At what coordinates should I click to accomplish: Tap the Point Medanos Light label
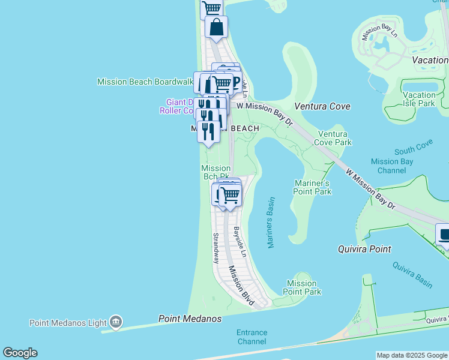68,323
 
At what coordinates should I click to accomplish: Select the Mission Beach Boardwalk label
145,82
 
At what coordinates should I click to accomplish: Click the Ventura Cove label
322,106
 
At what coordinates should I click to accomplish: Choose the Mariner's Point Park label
312,187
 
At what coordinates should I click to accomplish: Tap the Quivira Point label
364,249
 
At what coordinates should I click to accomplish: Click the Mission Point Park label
304,287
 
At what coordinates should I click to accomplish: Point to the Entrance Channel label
252,337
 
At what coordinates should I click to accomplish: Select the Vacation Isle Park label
419,99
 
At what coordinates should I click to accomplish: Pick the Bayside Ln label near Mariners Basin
240,242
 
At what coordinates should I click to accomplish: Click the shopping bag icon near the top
216,27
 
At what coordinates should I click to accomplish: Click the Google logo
20,353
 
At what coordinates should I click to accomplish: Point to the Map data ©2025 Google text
411,355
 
